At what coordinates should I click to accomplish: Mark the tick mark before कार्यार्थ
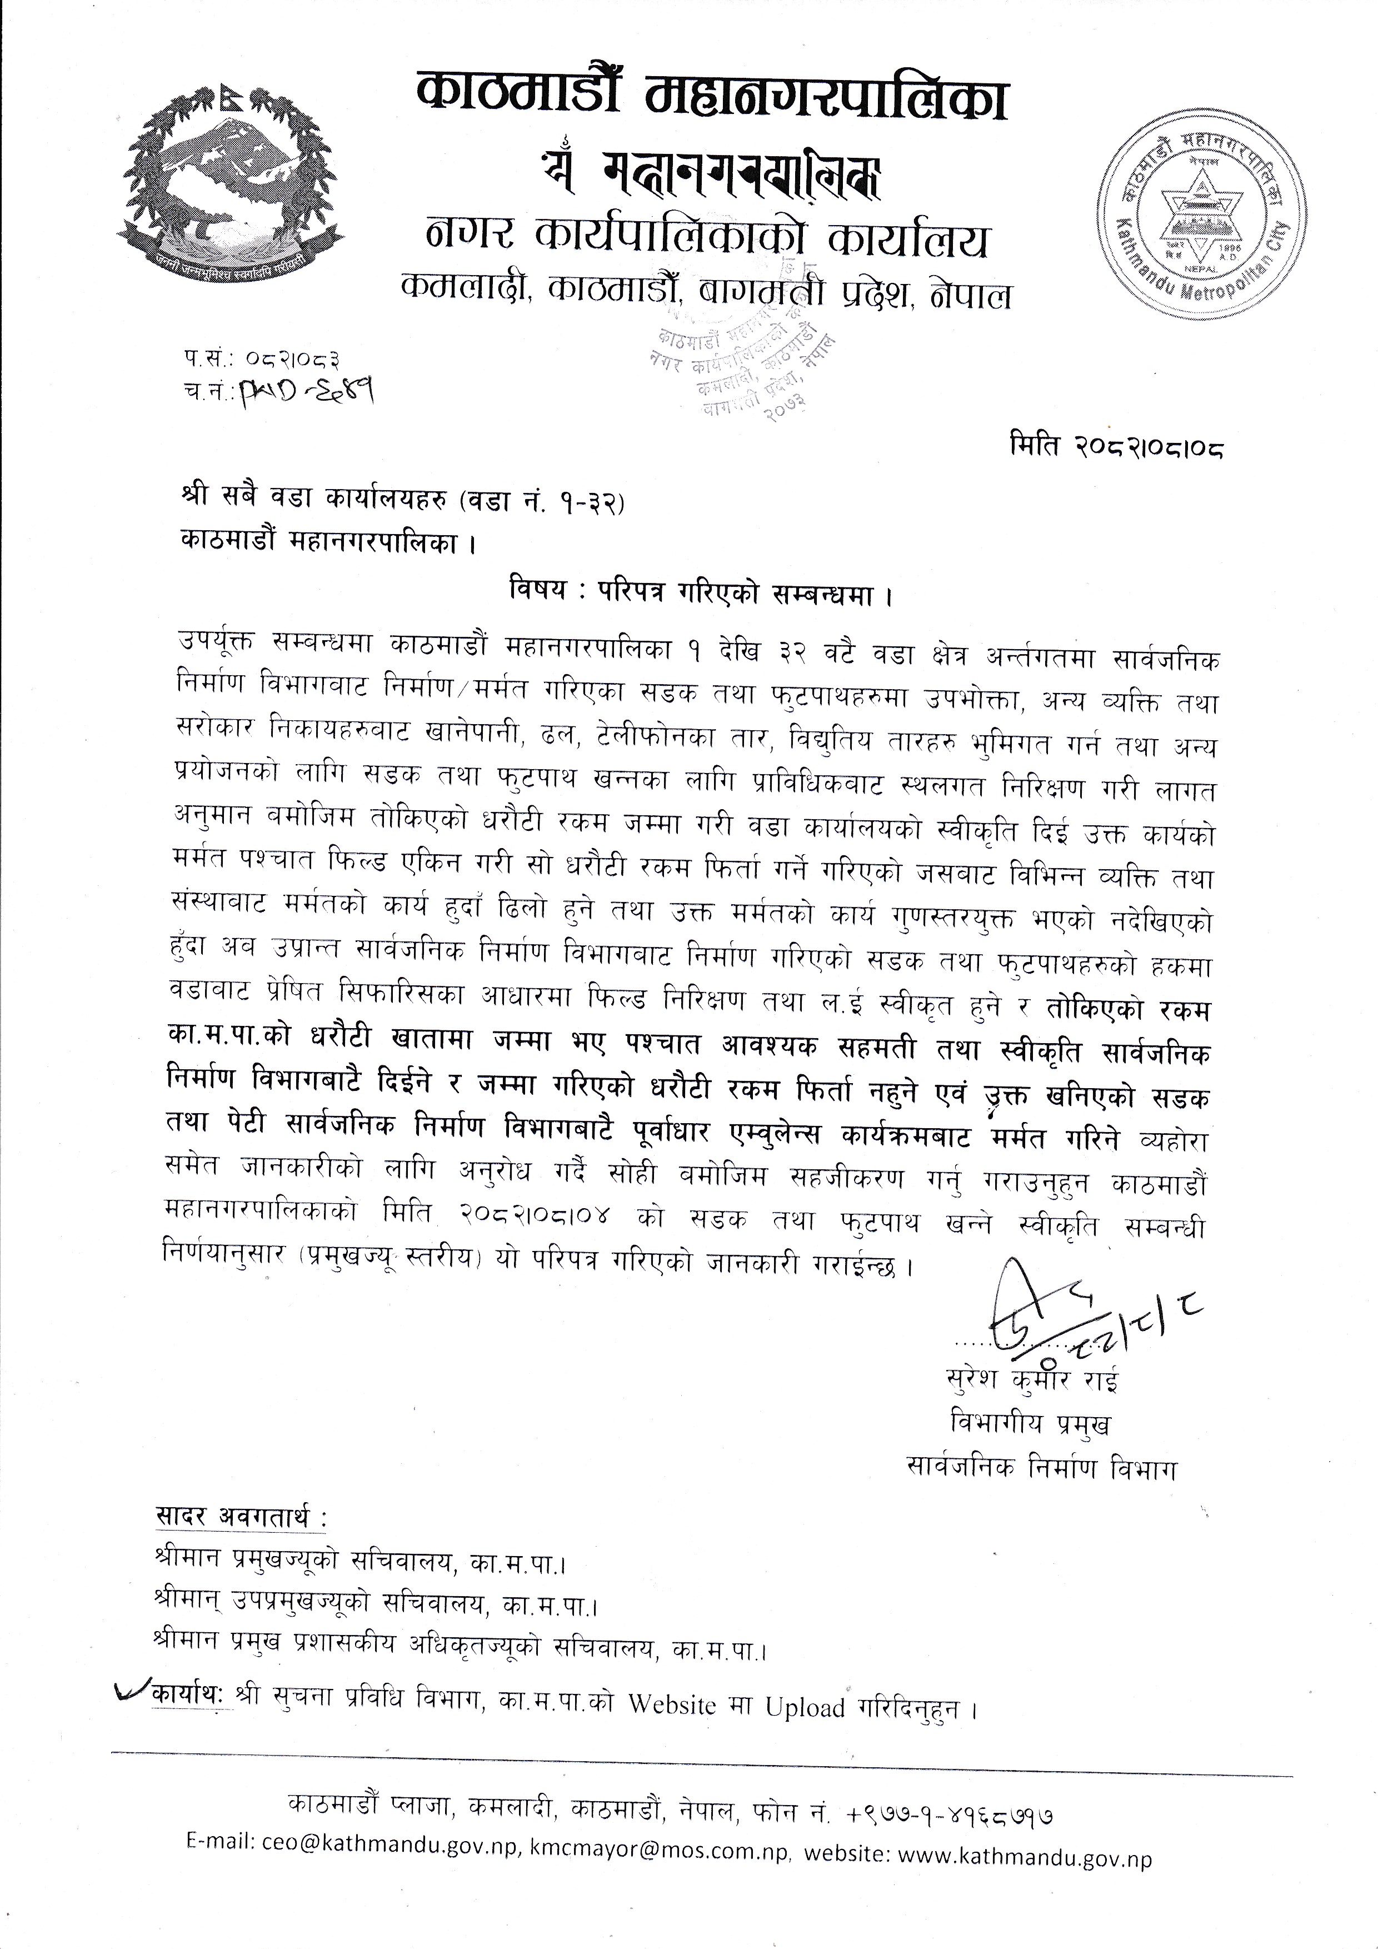(x=133, y=1688)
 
